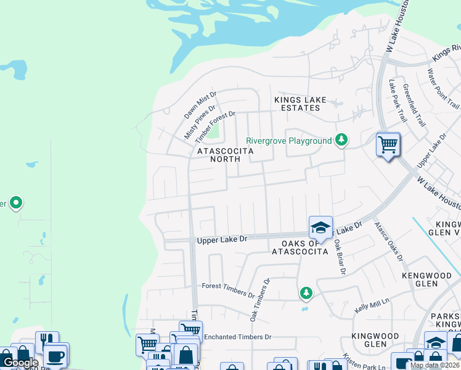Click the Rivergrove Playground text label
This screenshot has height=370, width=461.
tap(288, 141)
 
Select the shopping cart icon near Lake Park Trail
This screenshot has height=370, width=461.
tap(388, 146)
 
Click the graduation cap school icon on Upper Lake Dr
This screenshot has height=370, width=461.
tap(320, 228)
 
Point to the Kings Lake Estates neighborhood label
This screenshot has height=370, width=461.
tap(300, 104)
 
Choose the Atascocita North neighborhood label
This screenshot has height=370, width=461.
tap(225, 155)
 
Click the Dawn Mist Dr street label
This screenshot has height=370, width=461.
tap(201, 106)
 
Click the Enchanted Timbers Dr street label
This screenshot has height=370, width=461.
tap(238, 337)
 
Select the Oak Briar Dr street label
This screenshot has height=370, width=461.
tap(339, 257)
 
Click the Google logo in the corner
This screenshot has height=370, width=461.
tap(20, 363)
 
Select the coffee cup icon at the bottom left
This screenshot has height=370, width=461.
tap(55, 356)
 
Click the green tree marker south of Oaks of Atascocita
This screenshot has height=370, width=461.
tap(304, 292)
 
